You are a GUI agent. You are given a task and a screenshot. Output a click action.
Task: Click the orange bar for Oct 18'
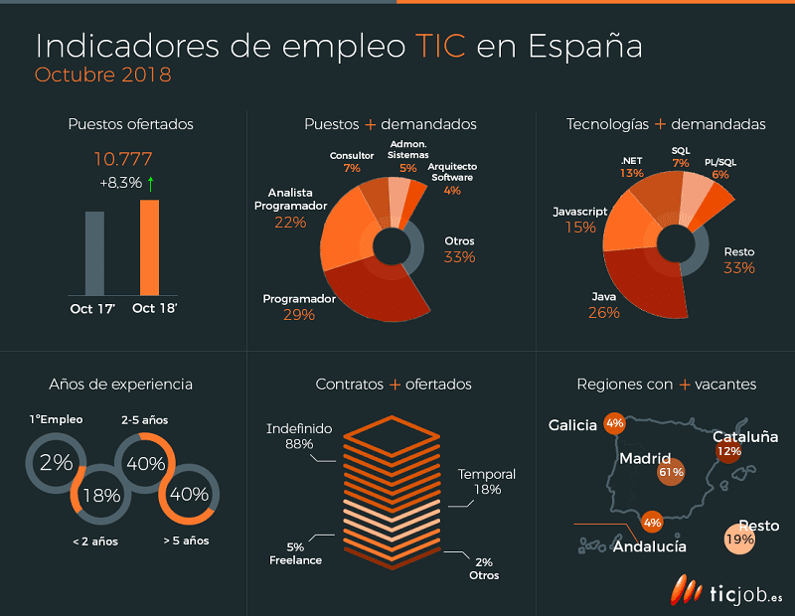click(149, 247)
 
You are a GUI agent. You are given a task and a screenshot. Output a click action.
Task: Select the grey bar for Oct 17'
click(94, 253)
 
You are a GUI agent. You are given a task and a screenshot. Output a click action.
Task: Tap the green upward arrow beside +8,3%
click(151, 183)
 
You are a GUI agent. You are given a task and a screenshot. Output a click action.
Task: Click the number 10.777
click(124, 159)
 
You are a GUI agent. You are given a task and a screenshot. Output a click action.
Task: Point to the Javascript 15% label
click(580, 221)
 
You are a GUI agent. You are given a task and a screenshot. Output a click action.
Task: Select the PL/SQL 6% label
click(720, 168)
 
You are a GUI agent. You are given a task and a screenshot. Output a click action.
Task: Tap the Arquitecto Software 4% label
click(453, 178)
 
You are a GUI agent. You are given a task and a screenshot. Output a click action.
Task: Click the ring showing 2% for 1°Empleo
click(57, 462)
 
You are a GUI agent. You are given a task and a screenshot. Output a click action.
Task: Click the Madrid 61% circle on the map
click(671, 472)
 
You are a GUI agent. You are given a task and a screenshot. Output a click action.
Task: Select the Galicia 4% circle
click(614, 424)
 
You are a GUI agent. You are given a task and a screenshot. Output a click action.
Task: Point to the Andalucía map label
click(649, 546)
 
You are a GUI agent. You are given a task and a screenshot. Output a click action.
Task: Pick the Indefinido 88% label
click(298, 436)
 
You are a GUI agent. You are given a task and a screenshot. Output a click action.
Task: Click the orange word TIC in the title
click(440, 47)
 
